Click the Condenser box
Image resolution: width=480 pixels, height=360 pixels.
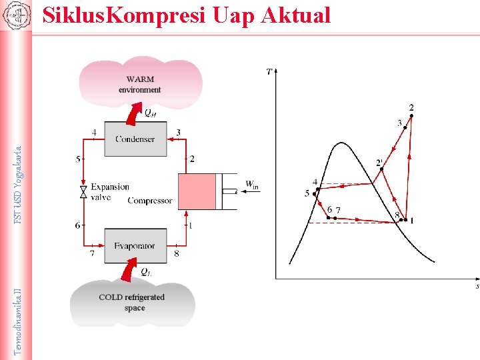coord(135,139)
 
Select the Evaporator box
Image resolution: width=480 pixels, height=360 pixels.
coord(135,245)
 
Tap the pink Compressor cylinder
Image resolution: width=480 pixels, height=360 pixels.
coord(198,191)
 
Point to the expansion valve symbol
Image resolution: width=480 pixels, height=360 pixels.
coord(83,192)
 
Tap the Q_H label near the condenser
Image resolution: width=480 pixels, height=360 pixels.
coord(151,113)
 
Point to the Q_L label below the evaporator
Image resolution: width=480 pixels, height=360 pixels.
coord(145,272)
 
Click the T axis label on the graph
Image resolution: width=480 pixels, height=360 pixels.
coord(269,71)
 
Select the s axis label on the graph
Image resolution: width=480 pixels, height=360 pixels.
coord(477,287)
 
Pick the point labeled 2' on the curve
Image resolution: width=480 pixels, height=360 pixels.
coord(381,169)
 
